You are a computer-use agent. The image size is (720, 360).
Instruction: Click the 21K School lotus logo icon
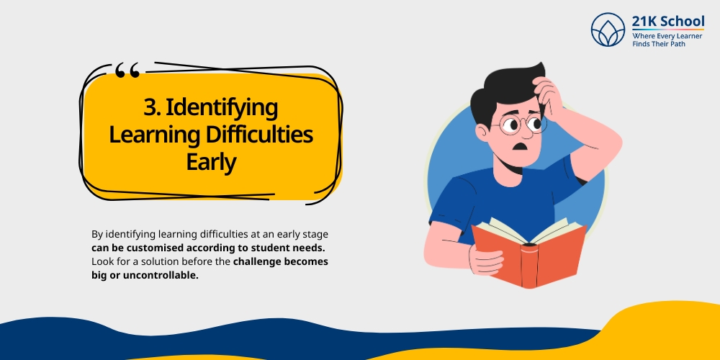[608, 30]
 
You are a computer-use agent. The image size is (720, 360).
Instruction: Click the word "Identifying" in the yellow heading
[222, 108]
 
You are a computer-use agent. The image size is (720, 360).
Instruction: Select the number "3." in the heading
[153, 108]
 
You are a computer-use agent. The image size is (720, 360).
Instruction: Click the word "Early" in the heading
[211, 161]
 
